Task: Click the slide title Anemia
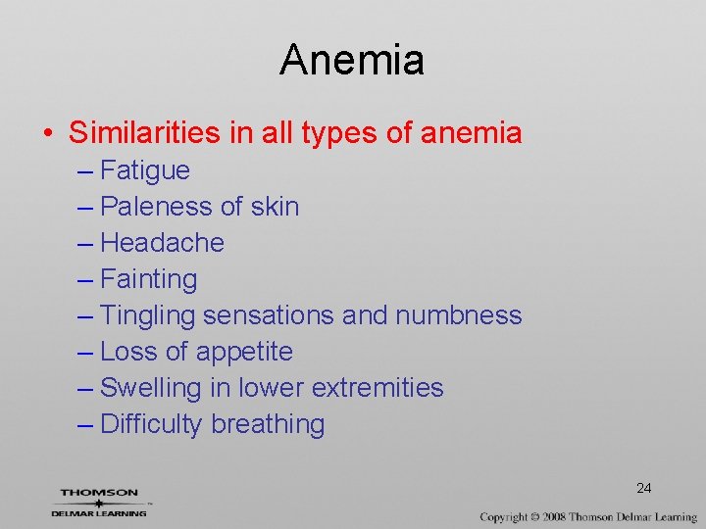[352, 60]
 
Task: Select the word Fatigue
[145, 170]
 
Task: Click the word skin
[275, 207]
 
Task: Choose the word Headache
[162, 243]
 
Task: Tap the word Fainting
[149, 279]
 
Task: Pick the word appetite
[244, 353]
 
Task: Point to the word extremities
[377, 388]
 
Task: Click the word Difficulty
[152, 425]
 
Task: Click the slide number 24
[643, 488]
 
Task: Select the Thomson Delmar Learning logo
[99, 501]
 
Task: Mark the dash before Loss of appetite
[84, 353]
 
